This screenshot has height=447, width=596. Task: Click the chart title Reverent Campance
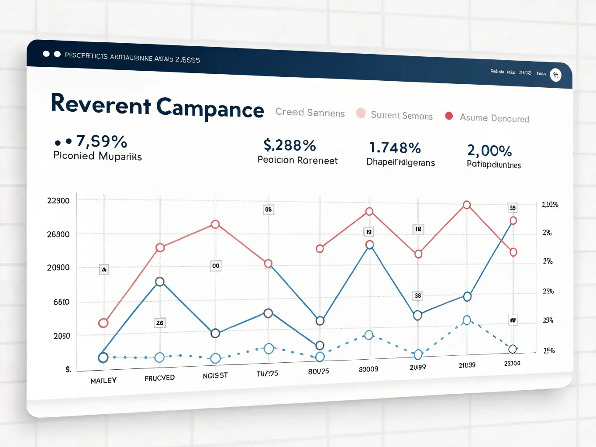point(157,106)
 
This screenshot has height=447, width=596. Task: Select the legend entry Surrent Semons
point(401,116)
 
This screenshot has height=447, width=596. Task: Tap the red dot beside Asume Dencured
point(449,116)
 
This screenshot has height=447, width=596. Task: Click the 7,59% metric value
point(101,141)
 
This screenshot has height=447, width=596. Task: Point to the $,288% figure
point(289,145)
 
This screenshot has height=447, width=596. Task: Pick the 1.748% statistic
point(395,148)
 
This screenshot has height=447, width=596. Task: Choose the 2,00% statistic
point(489,151)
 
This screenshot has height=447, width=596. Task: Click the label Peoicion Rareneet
point(297,160)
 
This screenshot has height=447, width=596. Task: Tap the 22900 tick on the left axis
point(58,201)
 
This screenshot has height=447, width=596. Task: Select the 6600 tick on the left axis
point(61,302)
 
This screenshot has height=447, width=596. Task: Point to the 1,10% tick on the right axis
point(550,204)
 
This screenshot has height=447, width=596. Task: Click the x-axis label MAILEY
point(103,381)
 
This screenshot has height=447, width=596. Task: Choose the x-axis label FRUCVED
point(159,378)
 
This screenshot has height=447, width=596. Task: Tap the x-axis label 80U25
point(318,371)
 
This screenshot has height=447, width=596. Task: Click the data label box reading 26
point(160,323)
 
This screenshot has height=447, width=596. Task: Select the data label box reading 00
point(216,266)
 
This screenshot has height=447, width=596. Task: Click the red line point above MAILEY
point(103,323)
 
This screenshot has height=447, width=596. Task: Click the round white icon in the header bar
point(555,75)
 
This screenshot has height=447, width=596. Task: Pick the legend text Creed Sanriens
point(310,113)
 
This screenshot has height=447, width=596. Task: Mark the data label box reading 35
point(418,296)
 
